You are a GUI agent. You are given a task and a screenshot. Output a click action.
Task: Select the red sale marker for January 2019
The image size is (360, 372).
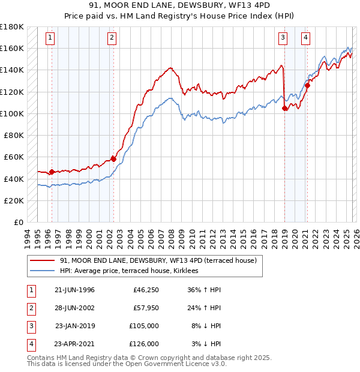coord(284,108)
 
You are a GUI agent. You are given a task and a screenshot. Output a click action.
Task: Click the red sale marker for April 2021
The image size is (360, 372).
coord(307,85)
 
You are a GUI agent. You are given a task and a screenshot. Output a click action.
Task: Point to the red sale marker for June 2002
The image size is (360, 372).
coord(113,159)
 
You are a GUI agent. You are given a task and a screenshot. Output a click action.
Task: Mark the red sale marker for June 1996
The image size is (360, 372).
coord(52,172)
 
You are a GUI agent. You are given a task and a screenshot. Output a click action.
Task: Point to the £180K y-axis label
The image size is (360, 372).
coord(12,27)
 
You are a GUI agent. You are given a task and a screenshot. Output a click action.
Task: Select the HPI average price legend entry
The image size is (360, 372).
coord(133,271)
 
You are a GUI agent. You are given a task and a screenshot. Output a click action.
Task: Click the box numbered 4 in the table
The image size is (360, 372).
coord(30,344)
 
